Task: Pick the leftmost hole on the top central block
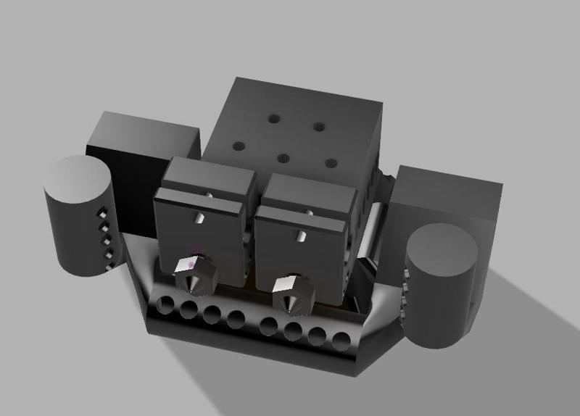coord(239,146)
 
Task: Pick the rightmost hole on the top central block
coord(331,163)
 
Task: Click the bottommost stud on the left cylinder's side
coord(109,267)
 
